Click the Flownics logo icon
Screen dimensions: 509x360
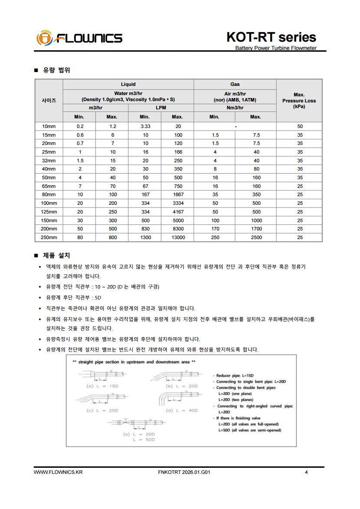(44, 38)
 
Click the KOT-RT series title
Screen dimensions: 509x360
(271, 37)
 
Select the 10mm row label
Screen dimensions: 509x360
(49, 126)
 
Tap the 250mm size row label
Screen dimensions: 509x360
(49, 237)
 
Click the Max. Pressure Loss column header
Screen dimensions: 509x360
(299, 100)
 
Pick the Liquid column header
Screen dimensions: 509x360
(128, 84)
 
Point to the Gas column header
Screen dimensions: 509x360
(235, 84)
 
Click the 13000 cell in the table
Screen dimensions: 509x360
(177, 237)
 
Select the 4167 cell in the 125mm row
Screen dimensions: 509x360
(177, 212)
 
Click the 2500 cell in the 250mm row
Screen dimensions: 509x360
(255, 237)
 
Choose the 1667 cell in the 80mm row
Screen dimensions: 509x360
(177, 194)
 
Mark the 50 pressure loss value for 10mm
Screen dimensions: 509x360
(299, 126)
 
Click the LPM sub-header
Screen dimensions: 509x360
(161, 108)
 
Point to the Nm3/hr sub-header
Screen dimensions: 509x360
(235, 108)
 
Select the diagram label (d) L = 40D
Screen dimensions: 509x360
(182, 410)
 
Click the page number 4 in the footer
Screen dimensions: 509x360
(306, 473)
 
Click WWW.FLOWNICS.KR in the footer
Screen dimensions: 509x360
(58, 473)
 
